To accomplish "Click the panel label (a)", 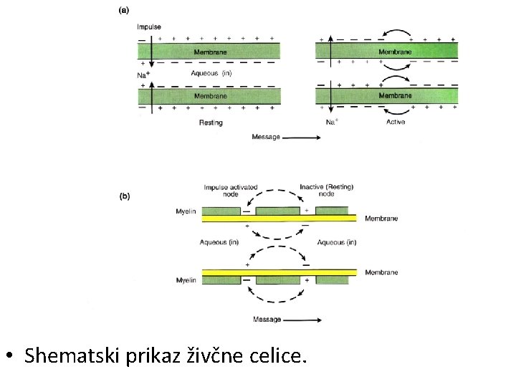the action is pyautogui.click(x=123, y=10).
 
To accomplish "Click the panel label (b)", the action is pyautogui.click(x=124, y=195).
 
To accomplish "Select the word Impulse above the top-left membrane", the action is pyautogui.click(x=149, y=27).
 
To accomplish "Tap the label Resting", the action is pyautogui.click(x=211, y=123).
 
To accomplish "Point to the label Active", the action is pyautogui.click(x=396, y=122).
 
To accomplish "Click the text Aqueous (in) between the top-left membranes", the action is pyautogui.click(x=211, y=73).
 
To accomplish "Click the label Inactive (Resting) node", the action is pyautogui.click(x=327, y=191).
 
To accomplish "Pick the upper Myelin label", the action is pyautogui.click(x=186, y=211).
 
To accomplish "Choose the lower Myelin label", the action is pyautogui.click(x=186, y=280).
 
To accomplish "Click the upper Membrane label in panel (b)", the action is pyautogui.click(x=381, y=219).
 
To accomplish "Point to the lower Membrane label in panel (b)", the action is pyautogui.click(x=381, y=272).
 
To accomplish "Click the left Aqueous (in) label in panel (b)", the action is pyautogui.click(x=219, y=242).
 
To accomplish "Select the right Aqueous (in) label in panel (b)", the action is pyautogui.click(x=337, y=242).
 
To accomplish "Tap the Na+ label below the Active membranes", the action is pyautogui.click(x=331, y=122).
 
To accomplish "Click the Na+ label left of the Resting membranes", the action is pyautogui.click(x=143, y=73).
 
